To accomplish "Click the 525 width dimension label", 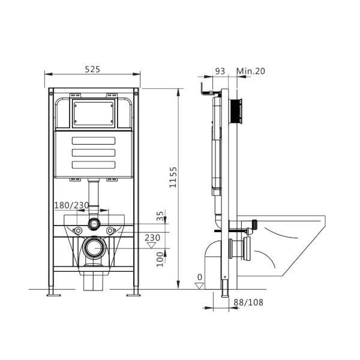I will point(92,70).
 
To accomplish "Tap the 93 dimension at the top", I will point(220,71).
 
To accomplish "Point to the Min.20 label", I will point(251,71).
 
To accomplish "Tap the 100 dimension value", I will point(160,260).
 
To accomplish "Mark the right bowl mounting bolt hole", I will point(110,230).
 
